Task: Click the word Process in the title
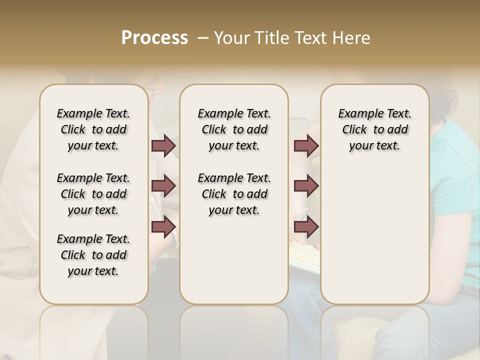point(154,38)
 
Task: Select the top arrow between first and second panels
point(163,145)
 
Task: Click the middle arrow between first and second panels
point(163,186)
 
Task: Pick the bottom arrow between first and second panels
point(163,227)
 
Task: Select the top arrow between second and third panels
point(306,145)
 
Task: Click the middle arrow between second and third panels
point(306,186)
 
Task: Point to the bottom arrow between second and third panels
point(306,227)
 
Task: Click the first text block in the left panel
point(93,129)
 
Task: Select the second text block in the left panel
point(93,194)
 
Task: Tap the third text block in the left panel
point(93,255)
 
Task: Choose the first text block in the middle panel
point(234,129)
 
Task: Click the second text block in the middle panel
point(234,194)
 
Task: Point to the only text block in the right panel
point(374,129)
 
